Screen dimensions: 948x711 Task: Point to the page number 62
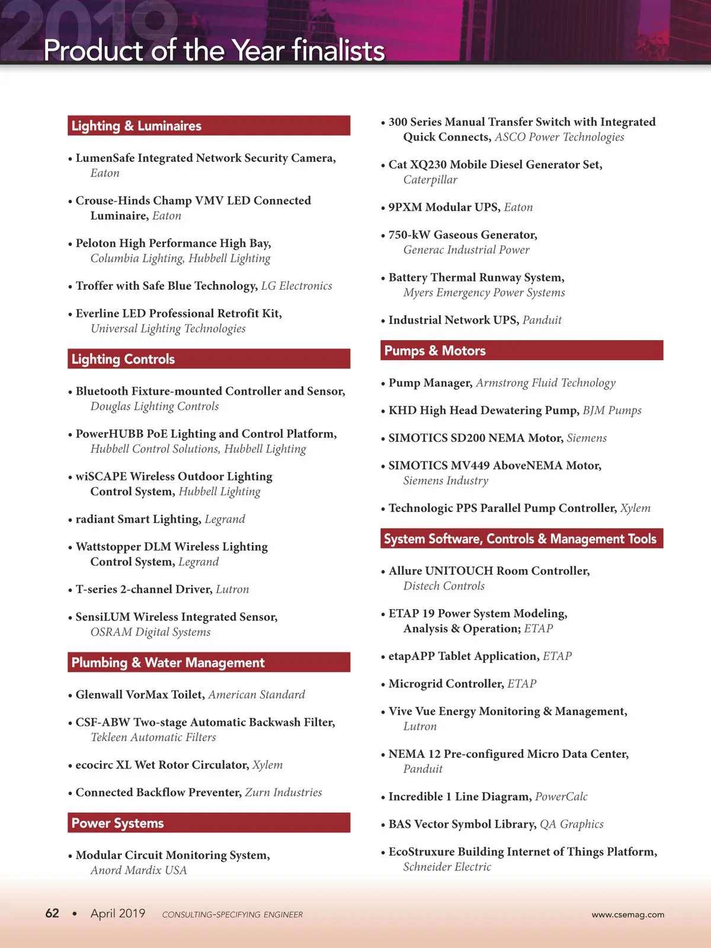tap(52, 913)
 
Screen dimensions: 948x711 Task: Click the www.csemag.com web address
tap(627, 914)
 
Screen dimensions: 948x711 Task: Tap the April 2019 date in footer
tap(118, 913)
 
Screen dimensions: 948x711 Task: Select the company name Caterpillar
tap(430, 180)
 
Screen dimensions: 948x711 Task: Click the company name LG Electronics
tap(296, 286)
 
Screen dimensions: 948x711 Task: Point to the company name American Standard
tap(257, 694)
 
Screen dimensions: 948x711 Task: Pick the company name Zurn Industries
tap(283, 792)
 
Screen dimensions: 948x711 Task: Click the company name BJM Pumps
tap(611, 410)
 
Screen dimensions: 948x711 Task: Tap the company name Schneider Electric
tap(447, 867)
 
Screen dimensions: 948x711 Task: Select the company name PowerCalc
tap(561, 796)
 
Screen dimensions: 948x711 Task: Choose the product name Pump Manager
tap(430, 383)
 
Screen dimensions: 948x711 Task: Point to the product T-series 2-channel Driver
tap(143, 589)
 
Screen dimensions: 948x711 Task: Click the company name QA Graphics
tap(571, 824)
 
